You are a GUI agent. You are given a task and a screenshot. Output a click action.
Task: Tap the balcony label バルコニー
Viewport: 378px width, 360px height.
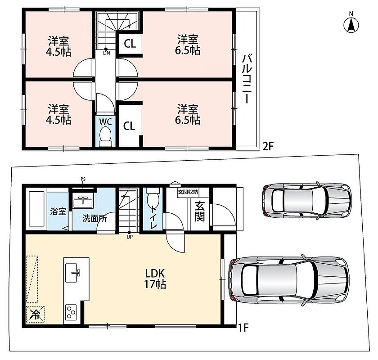click(x=247, y=79)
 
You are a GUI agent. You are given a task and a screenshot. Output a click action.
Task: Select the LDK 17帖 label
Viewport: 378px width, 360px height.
click(x=155, y=279)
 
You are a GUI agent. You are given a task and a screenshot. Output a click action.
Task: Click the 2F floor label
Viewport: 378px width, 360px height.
click(x=268, y=146)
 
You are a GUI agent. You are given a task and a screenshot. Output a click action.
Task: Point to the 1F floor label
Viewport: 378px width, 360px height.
click(x=243, y=328)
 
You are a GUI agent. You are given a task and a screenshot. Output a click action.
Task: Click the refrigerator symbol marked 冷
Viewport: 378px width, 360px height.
click(x=35, y=314)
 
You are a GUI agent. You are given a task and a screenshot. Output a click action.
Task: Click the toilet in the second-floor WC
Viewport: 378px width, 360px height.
click(x=105, y=136)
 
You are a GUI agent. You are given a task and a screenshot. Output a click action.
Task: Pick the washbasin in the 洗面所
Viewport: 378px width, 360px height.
click(x=83, y=202)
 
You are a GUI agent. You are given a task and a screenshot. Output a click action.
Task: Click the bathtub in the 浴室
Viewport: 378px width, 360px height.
click(x=36, y=209)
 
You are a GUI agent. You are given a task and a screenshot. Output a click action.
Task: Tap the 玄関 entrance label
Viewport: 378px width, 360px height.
click(x=200, y=211)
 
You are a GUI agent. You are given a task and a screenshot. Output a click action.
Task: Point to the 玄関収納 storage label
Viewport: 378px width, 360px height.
click(x=188, y=192)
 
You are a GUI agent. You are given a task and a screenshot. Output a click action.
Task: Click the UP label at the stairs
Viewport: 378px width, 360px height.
click(x=130, y=237)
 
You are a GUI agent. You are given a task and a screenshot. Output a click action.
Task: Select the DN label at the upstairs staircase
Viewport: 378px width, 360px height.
click(x=107, y=53)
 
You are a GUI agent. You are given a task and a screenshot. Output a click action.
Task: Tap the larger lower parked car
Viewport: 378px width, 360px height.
click(x=289, y=279)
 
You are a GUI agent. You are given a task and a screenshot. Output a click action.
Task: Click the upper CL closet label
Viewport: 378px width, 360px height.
click(x=130, y=44)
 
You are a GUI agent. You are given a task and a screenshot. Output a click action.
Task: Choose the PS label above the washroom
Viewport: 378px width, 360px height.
click(x=83, y=179)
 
